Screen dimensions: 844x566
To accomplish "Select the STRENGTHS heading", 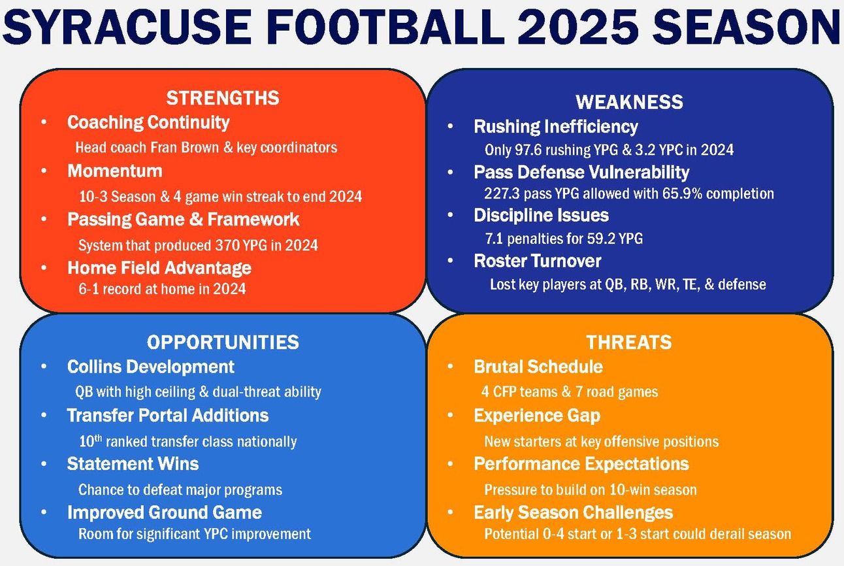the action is click(223, 98).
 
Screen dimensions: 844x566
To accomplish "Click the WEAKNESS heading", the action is click(629, 102).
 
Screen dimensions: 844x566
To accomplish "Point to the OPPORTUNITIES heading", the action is click(223, 342).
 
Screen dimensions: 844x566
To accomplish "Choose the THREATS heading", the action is click(629, 342).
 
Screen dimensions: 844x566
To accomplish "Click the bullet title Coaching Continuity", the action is click(148, 123).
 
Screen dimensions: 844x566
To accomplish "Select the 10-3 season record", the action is click(93, 197).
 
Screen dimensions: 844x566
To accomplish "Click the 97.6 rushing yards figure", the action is click(528, 150).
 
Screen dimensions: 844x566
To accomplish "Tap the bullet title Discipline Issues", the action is click(541, 215).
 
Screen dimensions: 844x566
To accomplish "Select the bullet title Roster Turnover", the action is click(537, 261).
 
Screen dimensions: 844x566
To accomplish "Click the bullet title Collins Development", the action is click(151, 367).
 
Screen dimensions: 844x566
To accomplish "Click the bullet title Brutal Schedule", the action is click(538, 367).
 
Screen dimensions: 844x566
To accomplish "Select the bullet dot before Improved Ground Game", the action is click(44, 512).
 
